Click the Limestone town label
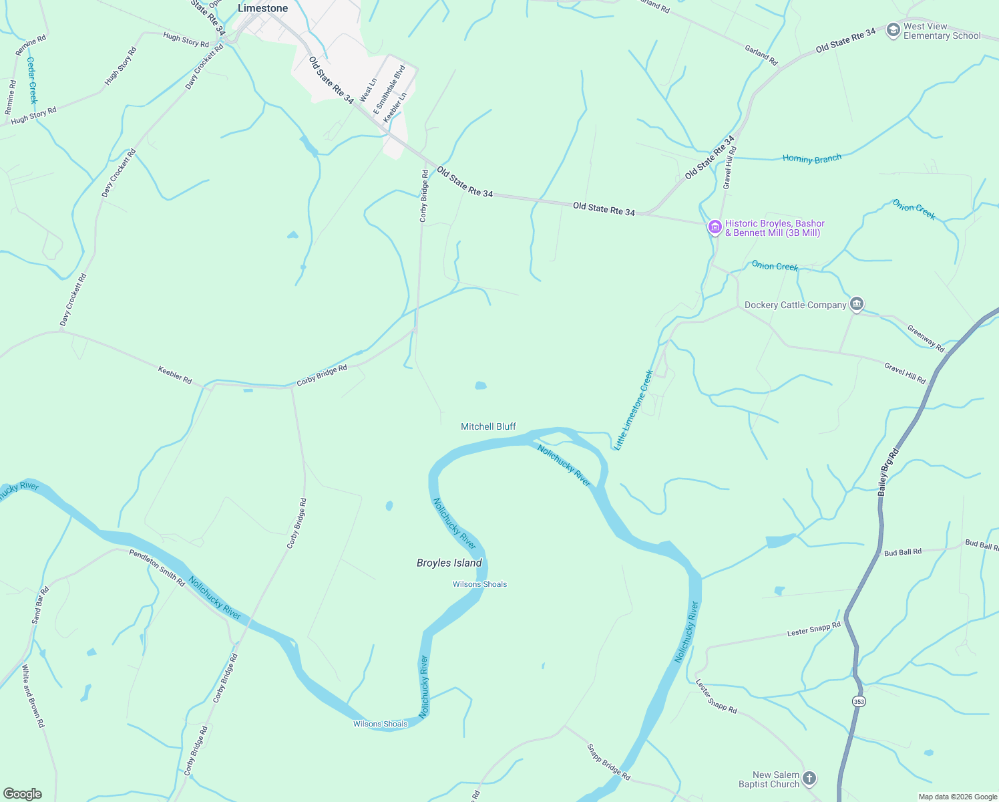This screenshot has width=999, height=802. [x=263, y=9]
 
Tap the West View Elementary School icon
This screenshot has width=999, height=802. [x=893, y=31]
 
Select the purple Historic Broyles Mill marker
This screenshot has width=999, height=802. [x=715, y=228]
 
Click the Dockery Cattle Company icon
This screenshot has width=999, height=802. [x=857, y=305]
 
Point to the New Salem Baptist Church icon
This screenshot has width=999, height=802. [x=809, y=779]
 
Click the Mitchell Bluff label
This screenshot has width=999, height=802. [x=488, y=426]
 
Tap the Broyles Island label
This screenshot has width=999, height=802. [x=449, y=563]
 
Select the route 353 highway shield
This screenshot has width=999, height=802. [x=859, y=701]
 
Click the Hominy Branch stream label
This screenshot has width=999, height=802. [x=811, y=159]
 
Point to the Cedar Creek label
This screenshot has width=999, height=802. [x=31, y=80]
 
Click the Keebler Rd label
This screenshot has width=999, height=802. [x=175, y=374]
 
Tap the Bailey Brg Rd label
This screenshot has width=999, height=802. [x=888, y=471]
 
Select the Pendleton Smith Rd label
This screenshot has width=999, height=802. [x=157, y=568]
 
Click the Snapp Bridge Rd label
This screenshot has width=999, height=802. [x=608, y=762]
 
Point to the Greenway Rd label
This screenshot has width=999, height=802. [x=926, y=338]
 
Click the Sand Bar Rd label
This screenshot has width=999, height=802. [x=41, y=606]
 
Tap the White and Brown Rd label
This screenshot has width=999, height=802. [x=33, y=696]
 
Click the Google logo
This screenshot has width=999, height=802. [x=23, y=794]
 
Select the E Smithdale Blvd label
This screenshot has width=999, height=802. [x=389, y=90]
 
